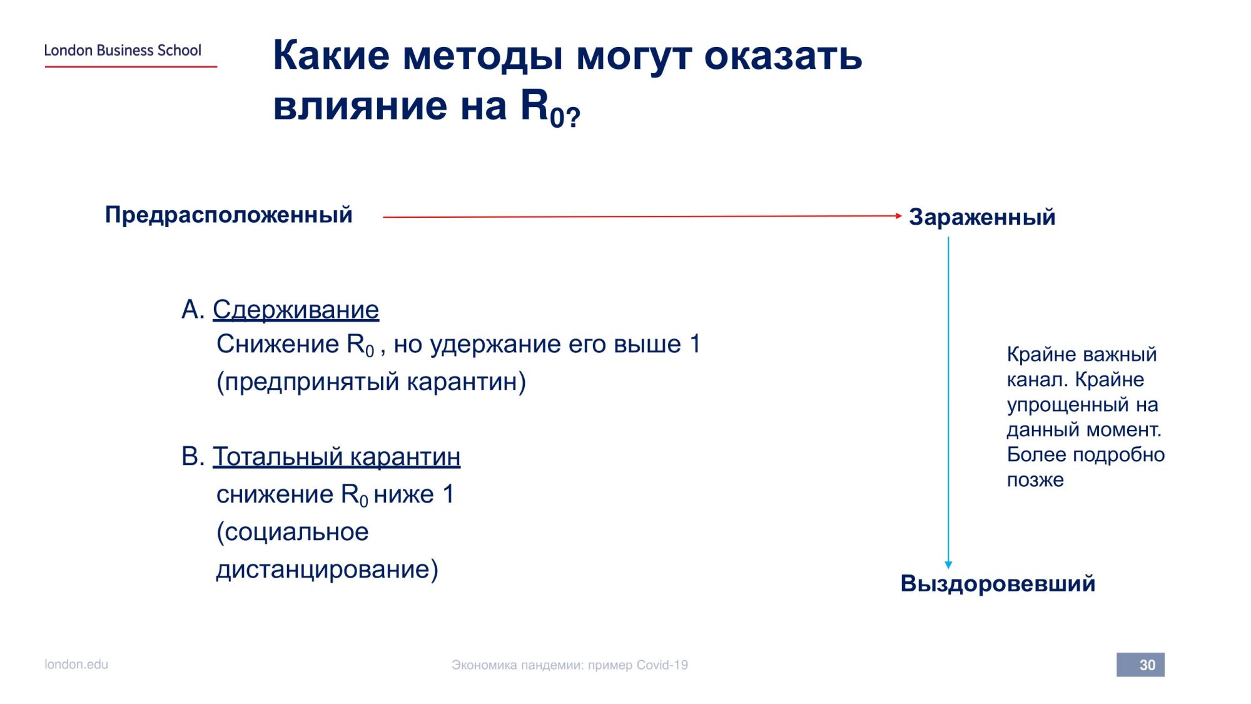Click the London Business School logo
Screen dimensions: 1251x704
(x=130, y=54)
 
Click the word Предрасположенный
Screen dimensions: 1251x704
(x=229, y=215)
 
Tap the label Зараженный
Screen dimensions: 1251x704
(x=982, y=217)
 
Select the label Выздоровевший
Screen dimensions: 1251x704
(x=998, y=583)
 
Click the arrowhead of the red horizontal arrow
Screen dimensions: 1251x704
(x=898, y=216)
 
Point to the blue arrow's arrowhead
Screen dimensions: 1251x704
(x=948, y=564)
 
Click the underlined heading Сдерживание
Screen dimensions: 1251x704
(x=296, y=309)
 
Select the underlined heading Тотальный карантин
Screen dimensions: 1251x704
(x=337, y=457)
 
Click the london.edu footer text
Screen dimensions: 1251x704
(x=76, y=664)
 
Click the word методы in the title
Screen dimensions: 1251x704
(x=483, y=55)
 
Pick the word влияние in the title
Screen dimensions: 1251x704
(x=360, y=105)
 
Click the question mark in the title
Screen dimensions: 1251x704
(x=574, y=116)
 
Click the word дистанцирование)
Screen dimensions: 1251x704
(x=327, y=569)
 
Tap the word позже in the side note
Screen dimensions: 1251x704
(x=1035, y=480)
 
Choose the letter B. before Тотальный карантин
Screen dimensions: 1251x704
(x=193, y=456)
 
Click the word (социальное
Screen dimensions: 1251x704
(x=293, y=532)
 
